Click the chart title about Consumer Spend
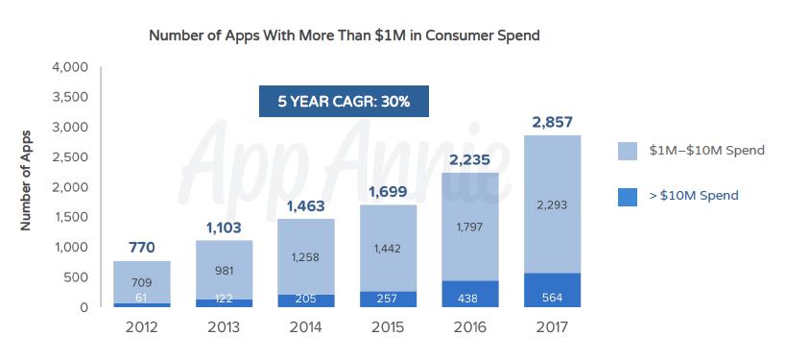[x=345, y=36]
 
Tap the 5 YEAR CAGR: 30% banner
[x=344, y=101]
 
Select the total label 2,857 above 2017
[x=552, y=122]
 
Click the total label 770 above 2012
[x=142, y=248]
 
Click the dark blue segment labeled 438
[x=470, y=297]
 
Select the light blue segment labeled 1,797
[x=470, y=227]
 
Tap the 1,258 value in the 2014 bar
[x=306, y=256]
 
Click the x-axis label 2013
[x=224, y=326]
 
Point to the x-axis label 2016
[x=470, y=326]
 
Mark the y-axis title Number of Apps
[x=26, y=180]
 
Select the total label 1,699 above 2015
[x=388, y=191]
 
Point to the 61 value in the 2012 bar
[x=142, y=300]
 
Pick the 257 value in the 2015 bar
[x=388, y=300]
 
